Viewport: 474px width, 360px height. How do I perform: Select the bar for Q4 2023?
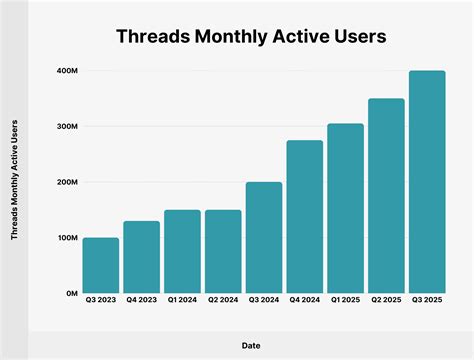pyautogui.click(x=142, y=257)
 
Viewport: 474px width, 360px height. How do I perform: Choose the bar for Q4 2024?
pyautogui.click(x=305, y=216)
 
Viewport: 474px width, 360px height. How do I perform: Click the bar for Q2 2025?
pyautogui.click(x=386, y=196)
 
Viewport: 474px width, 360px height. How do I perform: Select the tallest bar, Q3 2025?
pyautogui.click(x=427, y=182)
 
